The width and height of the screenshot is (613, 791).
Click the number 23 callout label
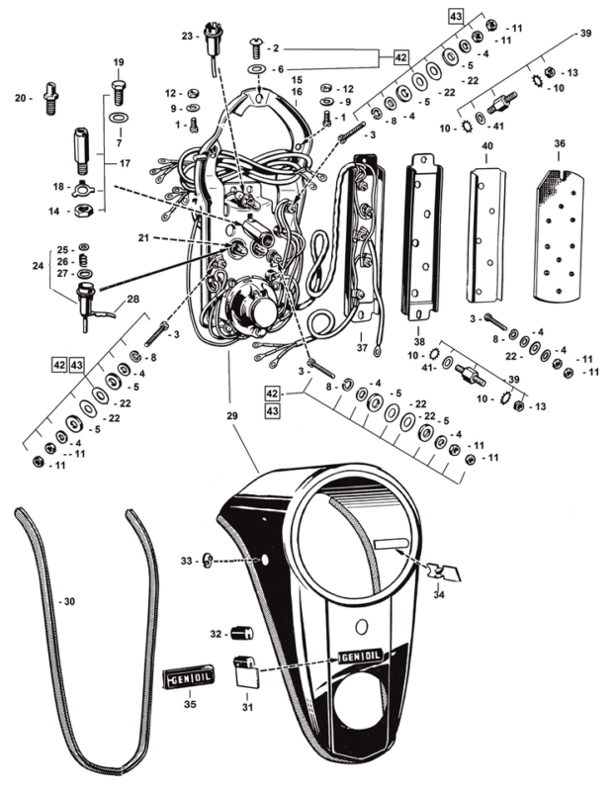[187, 36]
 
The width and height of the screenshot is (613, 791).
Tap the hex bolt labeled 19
[118, 92]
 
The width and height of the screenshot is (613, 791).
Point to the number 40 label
[485, 146]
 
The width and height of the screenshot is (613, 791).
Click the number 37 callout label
[361, 347]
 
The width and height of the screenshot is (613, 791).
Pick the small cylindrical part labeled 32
[242, 633]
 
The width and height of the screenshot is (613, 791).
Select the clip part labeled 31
[246, 672]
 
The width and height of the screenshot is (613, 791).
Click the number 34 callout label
[439, 594]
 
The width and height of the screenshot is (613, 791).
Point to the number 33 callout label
[187, 562]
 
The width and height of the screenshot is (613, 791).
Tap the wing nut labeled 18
[86, 188]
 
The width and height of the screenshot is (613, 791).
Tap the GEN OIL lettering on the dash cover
[362, 657]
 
